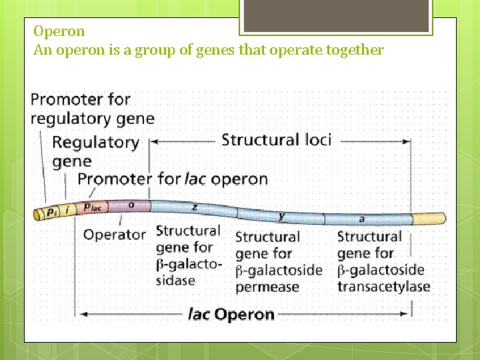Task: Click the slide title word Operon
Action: pyautogui.click(x=59, y=31)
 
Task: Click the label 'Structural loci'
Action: pyautogui.click(x=276, y=139)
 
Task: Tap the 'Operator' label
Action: pyautogui.click(x=114, y=235)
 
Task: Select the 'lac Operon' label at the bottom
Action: pyautogui.click(x=231, y=314)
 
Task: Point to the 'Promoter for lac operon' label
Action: pyautogui.click(x=173, y=179)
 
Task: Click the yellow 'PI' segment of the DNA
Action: pyautogui.click(x=51, y=213)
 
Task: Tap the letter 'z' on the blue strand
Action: pyautogui.click(x=195, y=207)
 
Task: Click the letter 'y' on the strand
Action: pyautogui.click(x=282, y=215)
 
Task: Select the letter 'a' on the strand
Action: pyautogui.click(x=362, y=219)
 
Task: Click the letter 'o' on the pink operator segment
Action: pyautogui.click(x=131, y=205)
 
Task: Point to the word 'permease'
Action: pyautogui.click(x=267, y=287)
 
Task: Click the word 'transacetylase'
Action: pyautogui.click(x=383, y=287)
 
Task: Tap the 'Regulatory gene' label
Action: pyautogui.click(x=95, y=151)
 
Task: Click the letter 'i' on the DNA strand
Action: pyautogui.click(x=67, y=210)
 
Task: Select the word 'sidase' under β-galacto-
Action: pyautogui.click(x=175, y=280)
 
